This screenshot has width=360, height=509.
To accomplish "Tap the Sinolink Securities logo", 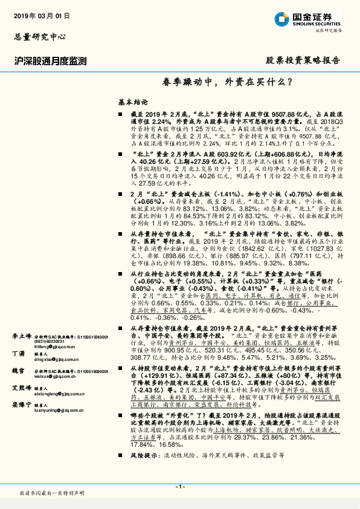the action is pos(308,18).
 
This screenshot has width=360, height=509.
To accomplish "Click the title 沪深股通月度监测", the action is pos(50,60).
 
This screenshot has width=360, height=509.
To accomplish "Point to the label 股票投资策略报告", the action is pos(303,60).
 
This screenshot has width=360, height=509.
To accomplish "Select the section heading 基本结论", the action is pos(132,103).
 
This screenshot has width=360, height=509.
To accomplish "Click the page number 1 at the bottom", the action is pos(179,487).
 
